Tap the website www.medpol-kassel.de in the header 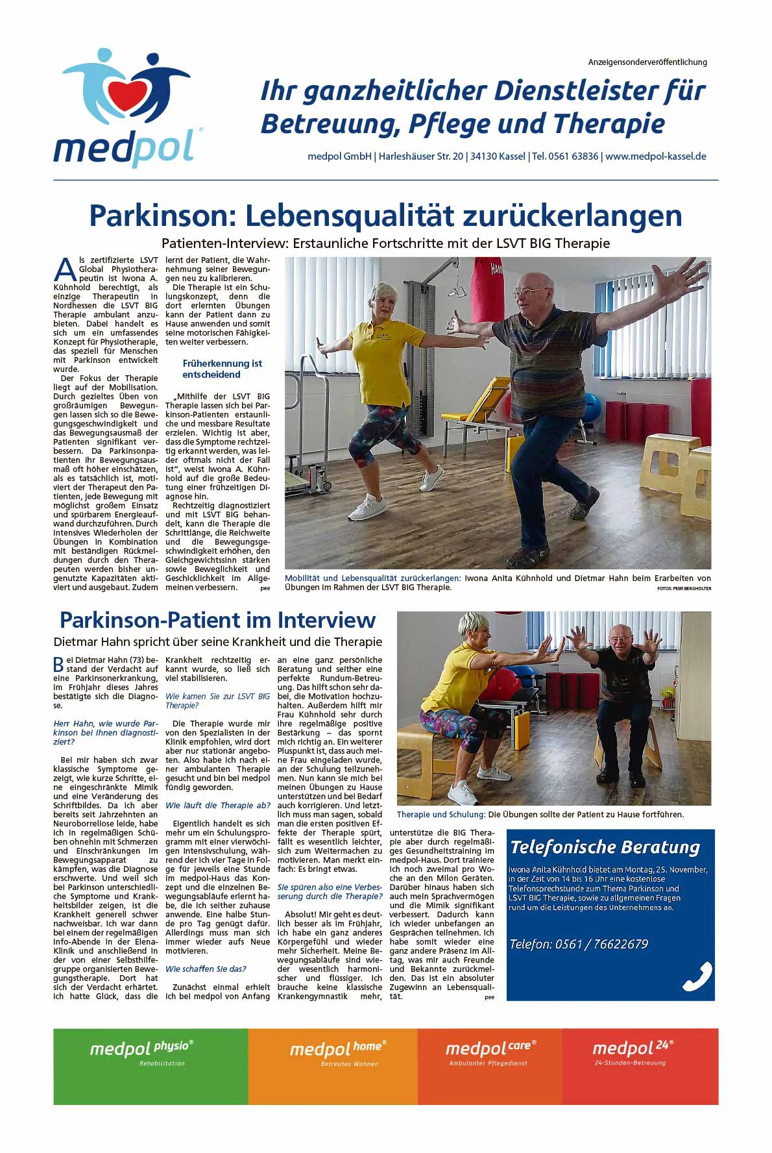coord(655,156)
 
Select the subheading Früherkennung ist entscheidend coord(222,369)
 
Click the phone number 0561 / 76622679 coord(579,944)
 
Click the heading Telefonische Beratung coord(605,847)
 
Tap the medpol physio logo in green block coord(141,1048)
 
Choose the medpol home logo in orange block coord(337,1048)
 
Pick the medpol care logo coord(490,1048)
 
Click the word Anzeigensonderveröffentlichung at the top coord(647,62)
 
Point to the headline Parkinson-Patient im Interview coord(217,620)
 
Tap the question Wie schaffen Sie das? coord(206,969)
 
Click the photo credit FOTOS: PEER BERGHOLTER coord(684,588)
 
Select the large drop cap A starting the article coord(65,269)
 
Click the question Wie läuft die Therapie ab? coord(217,805)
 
